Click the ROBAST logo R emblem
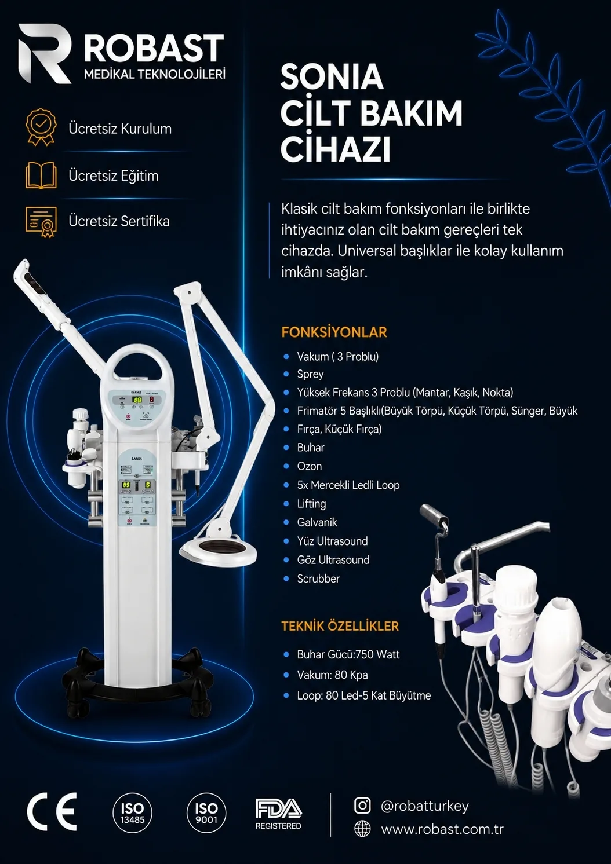[x=45, y=53]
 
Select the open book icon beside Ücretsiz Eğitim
[x=41, y=175]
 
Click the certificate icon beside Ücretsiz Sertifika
[x=41, y=222]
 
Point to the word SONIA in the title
[x=332, y=77]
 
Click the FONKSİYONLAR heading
[x=334, y=332]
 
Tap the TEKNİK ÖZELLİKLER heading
[x=340, y=626]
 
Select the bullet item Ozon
[x=310, y=466]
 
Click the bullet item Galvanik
[x=317, y=522]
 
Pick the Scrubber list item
[x=318, y=579]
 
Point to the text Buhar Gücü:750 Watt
[x=348, y=654]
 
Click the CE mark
[x=52, y=812]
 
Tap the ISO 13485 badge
[x=133, y=812]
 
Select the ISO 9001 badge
[x=206, y=812]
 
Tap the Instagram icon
[x=362, y=806]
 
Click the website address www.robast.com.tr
[x=442, y=829]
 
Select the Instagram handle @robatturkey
[x=424, y=806]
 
